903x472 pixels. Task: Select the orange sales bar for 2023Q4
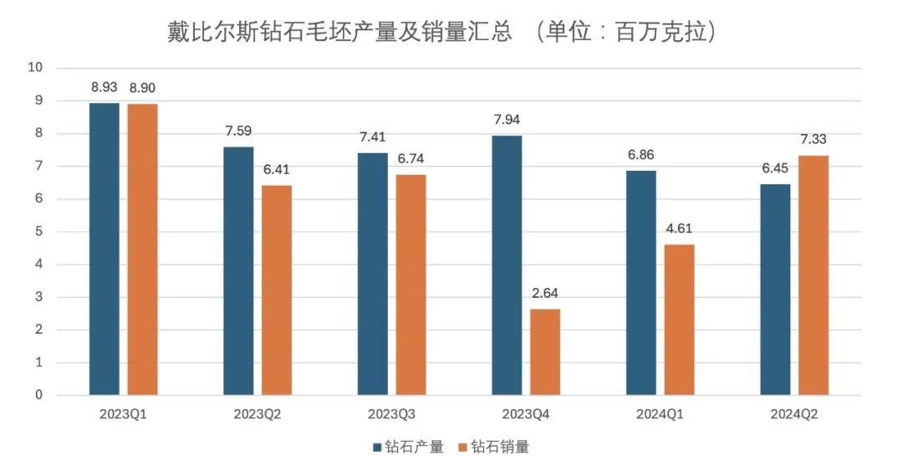(545, 352)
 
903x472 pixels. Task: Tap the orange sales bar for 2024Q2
(814, 275)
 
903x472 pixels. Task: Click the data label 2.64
(545, 294)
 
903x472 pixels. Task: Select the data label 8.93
(105, 87)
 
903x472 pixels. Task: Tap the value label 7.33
(814, 140)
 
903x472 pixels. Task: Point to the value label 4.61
(680, 228)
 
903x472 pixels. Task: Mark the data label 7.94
(507, 120)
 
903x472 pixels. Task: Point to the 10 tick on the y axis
(37, 68)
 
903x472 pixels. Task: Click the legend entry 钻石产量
(408, 447)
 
